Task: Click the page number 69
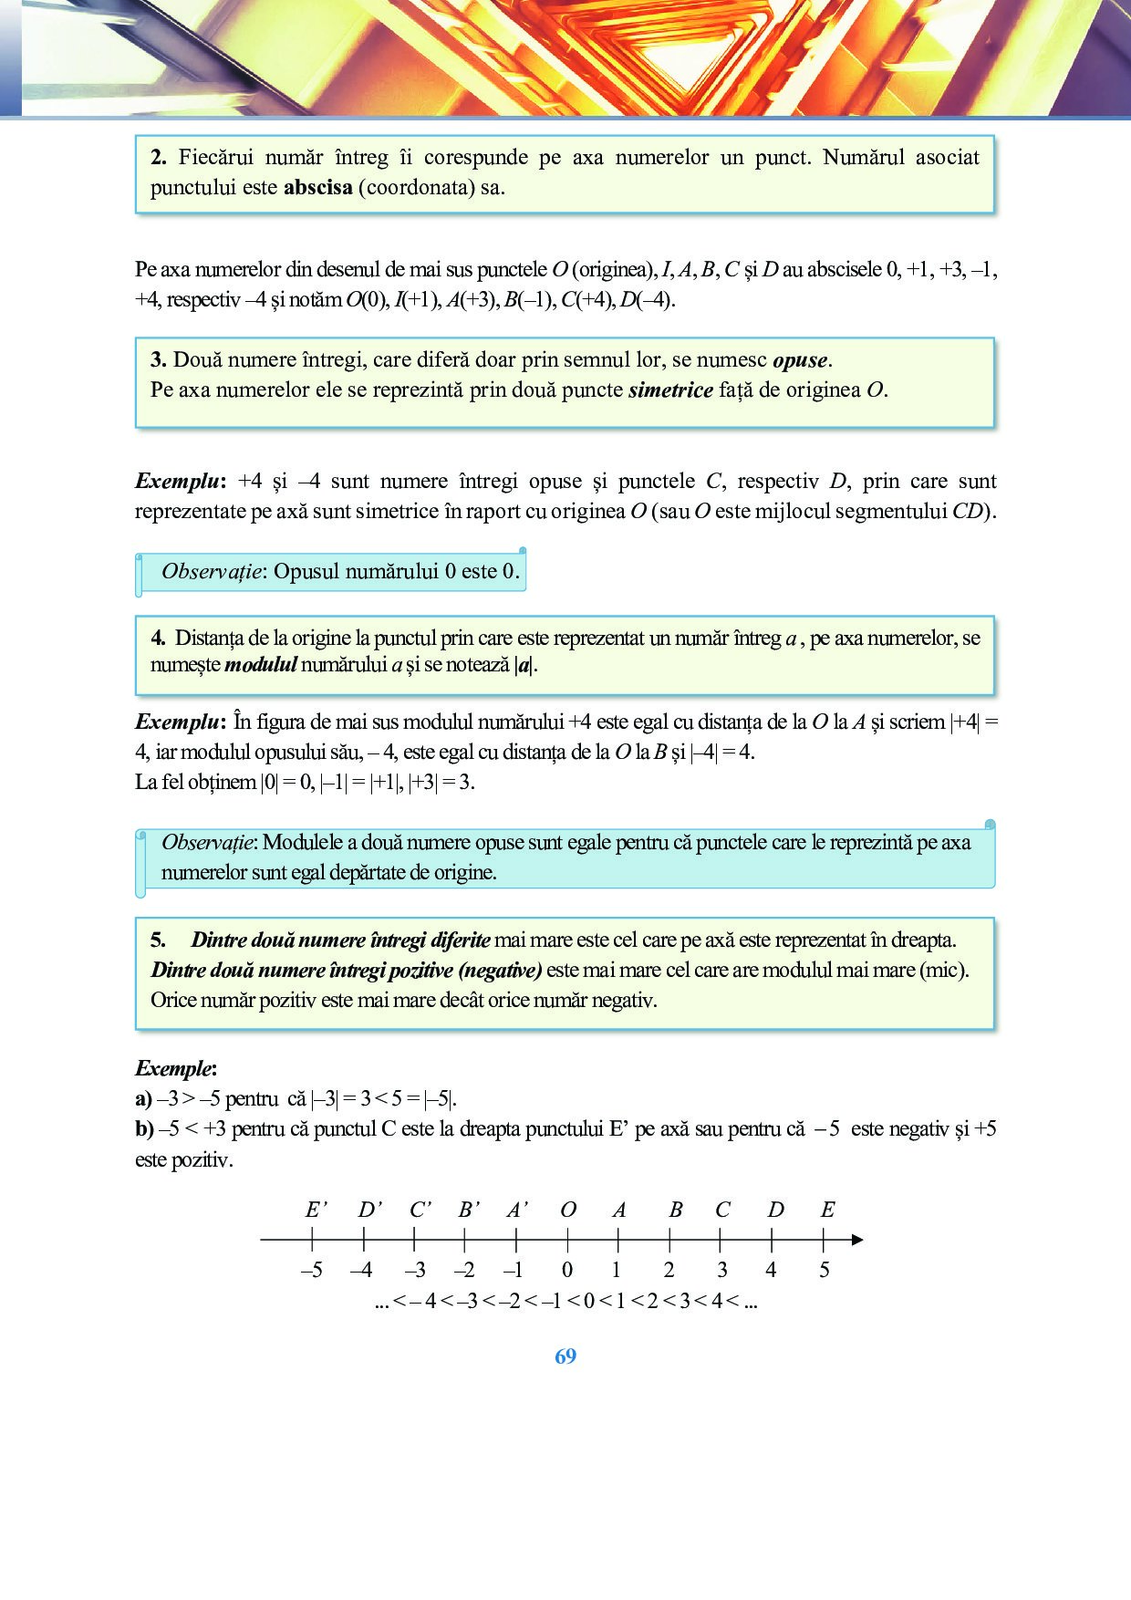tap(565, 1356)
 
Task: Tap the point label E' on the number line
tap(316, 1210)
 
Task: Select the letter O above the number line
tap(567, 1210)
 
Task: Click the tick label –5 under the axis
tap(312, 1270)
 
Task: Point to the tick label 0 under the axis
tap(567, 1270)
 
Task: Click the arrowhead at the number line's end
tap(856, 1240)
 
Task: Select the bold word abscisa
tap(318, 188)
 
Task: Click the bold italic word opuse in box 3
tap(801, 360)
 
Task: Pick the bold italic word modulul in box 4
tap(261, 665)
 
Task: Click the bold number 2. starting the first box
tap(159, 158)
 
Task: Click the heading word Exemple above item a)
tap(175, 1068)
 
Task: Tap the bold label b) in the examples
tap(144, 1129)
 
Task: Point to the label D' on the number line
tap(369, 1210)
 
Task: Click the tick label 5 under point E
tap(825, 1270)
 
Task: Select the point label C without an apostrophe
tap(722, 1210)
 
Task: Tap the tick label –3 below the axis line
tap(415, 1270)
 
